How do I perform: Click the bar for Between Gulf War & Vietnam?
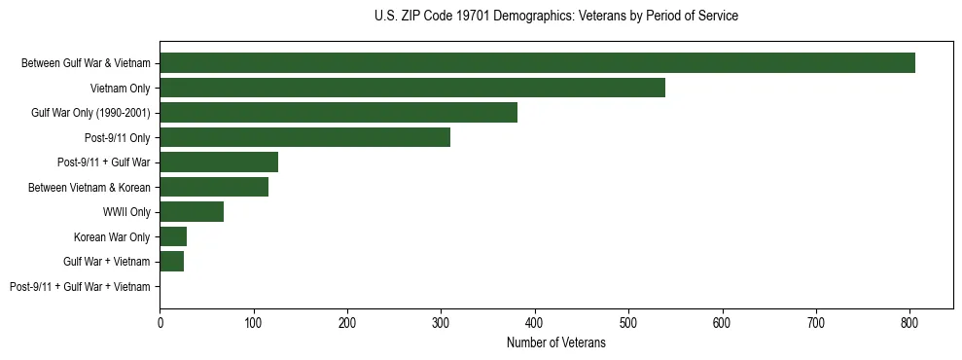click(537, 63)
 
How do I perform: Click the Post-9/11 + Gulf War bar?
click(219, 162)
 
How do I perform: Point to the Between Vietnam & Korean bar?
click(214, 187)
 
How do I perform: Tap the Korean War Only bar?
click(173, 236)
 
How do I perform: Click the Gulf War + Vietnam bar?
click(171, 262)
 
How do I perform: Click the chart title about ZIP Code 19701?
click(555, 17)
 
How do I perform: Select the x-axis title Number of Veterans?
click(555, 343)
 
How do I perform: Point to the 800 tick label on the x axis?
click(909, 324)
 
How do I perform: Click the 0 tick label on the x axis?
click(160, 324)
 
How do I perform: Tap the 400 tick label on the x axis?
click(534, 324)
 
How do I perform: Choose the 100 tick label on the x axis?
click(253, 324)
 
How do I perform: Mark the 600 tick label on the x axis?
click(722, 324)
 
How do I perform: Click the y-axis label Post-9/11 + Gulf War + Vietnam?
click(80, 287)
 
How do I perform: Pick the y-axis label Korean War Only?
click(112, 237)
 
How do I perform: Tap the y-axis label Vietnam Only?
click(120, 89)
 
